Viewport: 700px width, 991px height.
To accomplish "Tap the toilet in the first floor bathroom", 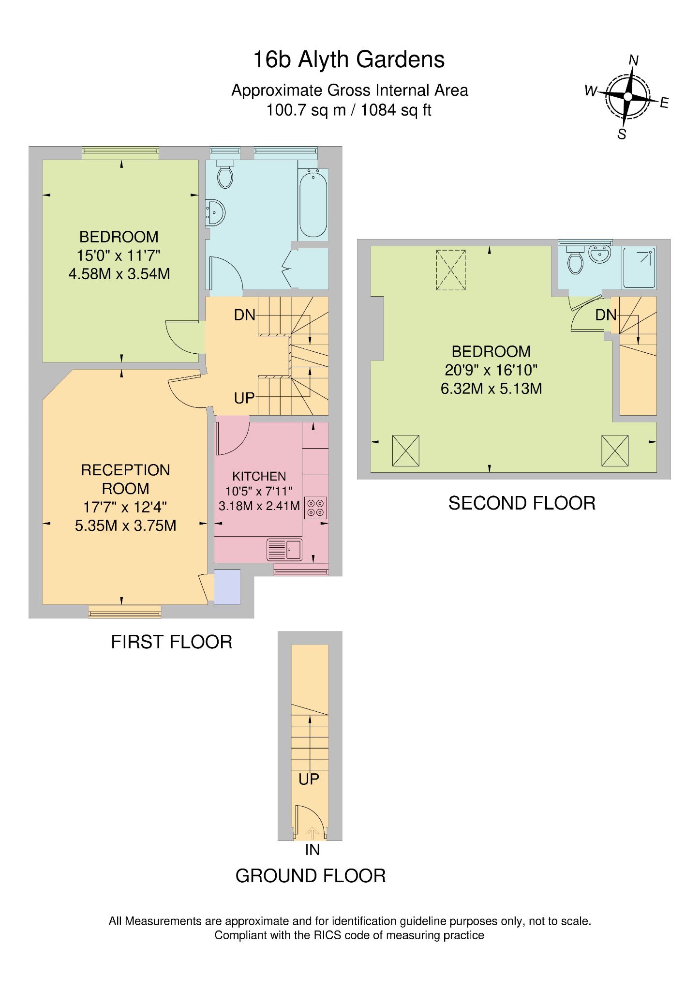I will point(225,175).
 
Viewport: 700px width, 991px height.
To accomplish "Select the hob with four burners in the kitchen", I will point(315,508).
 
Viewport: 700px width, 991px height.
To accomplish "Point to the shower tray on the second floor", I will point(639,268).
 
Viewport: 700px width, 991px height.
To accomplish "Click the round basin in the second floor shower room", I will point(600,254).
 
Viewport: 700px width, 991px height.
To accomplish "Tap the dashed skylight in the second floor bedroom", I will point(451,270).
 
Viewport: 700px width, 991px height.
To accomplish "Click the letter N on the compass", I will point(633,60).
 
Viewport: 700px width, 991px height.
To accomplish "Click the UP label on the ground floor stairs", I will point(309,779).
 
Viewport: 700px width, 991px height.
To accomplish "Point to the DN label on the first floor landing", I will point(244,315).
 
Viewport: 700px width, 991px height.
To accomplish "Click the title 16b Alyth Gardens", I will point(349,60).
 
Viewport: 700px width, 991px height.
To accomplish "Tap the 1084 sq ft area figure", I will point(396,110).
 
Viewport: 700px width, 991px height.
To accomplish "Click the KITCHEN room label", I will point(259,476).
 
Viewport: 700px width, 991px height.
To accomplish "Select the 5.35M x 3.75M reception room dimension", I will point(125,526).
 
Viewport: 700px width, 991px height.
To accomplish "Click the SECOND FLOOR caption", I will point(521,503).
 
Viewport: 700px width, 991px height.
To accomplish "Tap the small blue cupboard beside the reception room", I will point(227,587).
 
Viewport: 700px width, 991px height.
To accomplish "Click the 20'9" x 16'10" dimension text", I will point(491,370).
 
